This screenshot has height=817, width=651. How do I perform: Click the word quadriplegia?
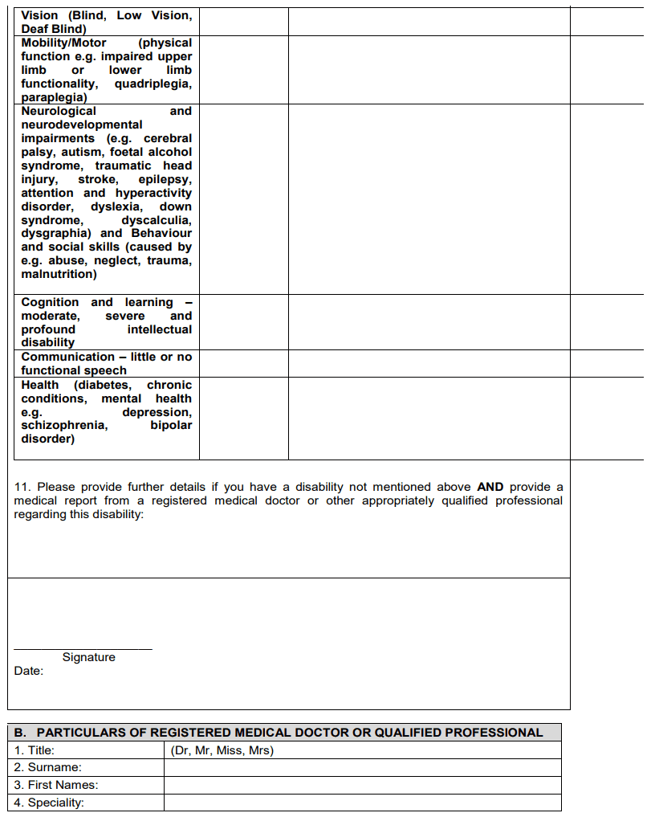click(153, 84)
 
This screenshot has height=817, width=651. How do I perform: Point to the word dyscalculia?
click(157, 220)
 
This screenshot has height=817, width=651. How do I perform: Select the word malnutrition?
click(59, 274)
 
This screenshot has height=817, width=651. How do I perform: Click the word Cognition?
click(50, 302)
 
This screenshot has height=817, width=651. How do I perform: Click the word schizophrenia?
click(63, 425)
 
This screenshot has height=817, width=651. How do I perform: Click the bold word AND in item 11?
click(490, 487)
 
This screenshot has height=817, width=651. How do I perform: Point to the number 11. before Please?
click(22, 487)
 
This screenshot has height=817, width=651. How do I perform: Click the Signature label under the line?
click(88, 657)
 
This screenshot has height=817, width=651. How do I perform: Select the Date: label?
click(29, 671)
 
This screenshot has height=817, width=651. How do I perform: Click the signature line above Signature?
click(83, 648)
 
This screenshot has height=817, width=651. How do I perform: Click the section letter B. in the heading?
click(21, 733)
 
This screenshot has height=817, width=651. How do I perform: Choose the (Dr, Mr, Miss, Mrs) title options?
click(222, 750)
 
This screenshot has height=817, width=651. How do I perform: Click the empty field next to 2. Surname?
click(362, 767)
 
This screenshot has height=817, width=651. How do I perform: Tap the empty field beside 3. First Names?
click(362, 785)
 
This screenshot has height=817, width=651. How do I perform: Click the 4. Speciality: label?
click(49, 803)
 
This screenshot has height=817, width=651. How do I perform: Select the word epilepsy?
click(165, 179)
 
